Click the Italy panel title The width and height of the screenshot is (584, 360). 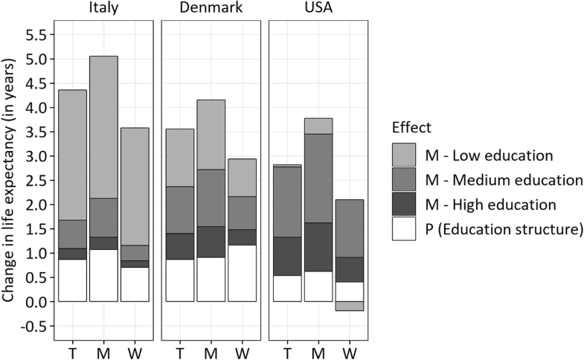click(103, 8)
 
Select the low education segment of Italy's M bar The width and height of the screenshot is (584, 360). click(103, 126)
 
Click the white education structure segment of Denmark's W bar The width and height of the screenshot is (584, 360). click(243, 273)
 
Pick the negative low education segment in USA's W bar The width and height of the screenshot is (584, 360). click(350, 306)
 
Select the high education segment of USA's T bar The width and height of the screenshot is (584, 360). click(287, 256)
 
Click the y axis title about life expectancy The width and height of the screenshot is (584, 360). click(10, 180)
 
